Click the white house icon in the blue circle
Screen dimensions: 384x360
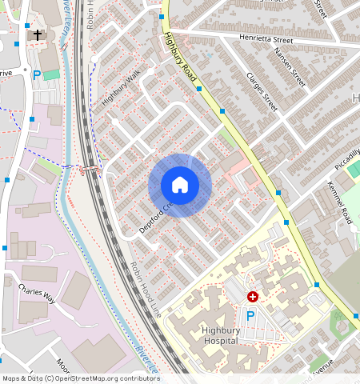180,186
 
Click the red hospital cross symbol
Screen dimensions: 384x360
253,296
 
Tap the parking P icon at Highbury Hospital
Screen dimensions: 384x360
250,317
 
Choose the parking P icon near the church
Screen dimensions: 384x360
37,74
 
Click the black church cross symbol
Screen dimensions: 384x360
37,35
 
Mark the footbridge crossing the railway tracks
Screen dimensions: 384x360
89,169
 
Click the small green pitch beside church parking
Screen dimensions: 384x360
52,74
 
